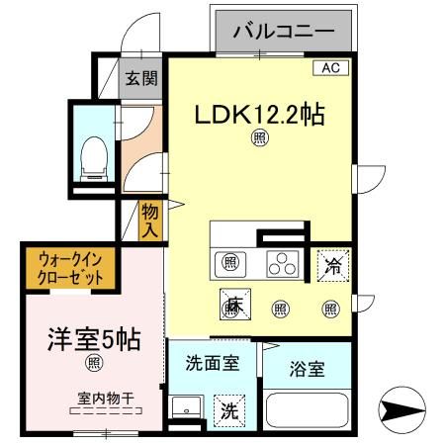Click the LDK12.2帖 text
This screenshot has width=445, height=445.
point(259,115)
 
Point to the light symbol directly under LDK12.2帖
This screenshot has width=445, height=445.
point(259,139)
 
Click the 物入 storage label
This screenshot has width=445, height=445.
point(150,221)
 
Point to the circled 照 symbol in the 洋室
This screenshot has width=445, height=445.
point(93,365)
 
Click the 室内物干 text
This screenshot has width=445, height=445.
point(106,399)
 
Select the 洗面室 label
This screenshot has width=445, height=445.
point(213,363)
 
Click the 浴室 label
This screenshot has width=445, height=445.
point(306,371)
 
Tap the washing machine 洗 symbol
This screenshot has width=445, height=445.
point(228,409)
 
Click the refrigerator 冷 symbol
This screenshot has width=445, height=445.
point(331,264)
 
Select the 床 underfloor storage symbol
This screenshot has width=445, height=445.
point(233,307)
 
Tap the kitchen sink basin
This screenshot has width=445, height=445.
point(230,263)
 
